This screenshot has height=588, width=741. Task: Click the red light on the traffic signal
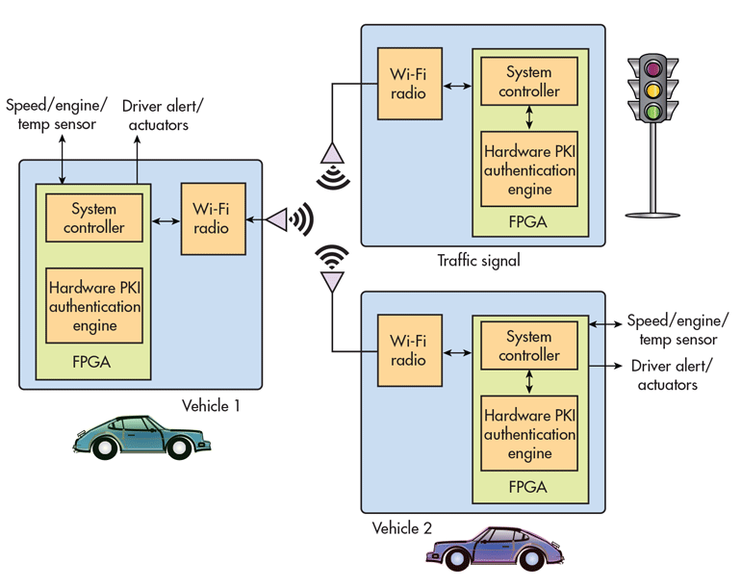[653, 68]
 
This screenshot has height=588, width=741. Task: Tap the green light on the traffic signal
[653, 112]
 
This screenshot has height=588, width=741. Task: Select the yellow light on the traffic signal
[653, 89]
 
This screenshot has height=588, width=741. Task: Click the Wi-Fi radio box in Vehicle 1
[214, 218]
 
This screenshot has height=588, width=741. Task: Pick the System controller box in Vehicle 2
[529, 345]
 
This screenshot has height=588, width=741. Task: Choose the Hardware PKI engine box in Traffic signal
[529, 169]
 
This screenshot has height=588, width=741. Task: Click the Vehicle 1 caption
[211, 405]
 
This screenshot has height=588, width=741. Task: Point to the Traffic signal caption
[478, 261]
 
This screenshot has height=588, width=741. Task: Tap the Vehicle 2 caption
[401, 528]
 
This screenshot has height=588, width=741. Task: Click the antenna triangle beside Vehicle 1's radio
[278, 219]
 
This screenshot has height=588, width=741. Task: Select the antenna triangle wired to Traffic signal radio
[332, 154]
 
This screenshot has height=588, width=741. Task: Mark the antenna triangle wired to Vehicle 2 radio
[332, 282]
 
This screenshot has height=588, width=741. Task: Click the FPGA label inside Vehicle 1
[91, 362]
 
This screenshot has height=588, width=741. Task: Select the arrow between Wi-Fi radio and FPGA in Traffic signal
[457, 86]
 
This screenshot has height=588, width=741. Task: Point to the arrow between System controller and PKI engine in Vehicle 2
[529, 382]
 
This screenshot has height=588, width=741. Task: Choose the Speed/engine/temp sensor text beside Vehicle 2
[677, 330]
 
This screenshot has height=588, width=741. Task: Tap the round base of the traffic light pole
[652, 215]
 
